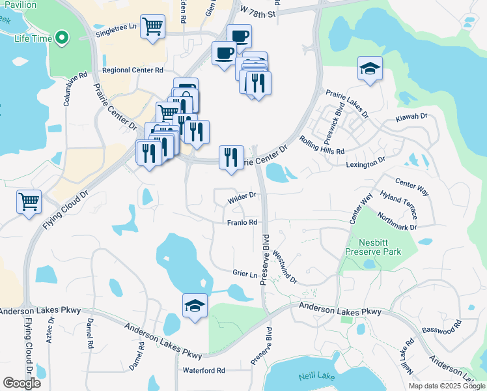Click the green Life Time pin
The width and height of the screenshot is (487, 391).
point(62,38)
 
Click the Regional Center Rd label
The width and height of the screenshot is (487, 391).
point(132,70)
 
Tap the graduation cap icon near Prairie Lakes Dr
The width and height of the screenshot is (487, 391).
point(370,68)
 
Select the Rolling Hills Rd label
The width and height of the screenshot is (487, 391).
point(322,145)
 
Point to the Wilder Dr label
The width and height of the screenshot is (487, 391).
point(242,196)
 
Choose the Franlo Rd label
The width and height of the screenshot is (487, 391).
point(242,222)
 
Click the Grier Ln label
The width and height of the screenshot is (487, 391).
point(245,272)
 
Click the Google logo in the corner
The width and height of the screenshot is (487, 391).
point(21,383)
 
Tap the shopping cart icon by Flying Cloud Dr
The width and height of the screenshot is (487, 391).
point(29,201)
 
